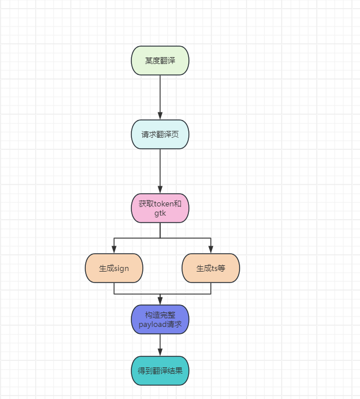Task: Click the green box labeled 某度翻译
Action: [160, 61]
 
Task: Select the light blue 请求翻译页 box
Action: [160, 134]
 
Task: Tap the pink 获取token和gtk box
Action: [160, 208]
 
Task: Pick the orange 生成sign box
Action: [114, 268]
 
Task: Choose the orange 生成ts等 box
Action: [211, 268]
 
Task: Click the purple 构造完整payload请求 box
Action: [160, 319]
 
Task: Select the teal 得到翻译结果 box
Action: [160, 371]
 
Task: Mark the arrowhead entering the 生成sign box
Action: [114, 250]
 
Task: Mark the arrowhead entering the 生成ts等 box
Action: [211, 250]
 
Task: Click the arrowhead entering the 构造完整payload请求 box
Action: [160, 302]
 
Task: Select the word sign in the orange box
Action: [122, 268]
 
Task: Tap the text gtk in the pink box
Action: [160, 213]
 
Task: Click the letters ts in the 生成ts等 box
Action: [215, 268]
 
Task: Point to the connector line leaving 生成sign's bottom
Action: [114, 288]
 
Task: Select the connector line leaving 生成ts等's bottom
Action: [211, 288]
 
